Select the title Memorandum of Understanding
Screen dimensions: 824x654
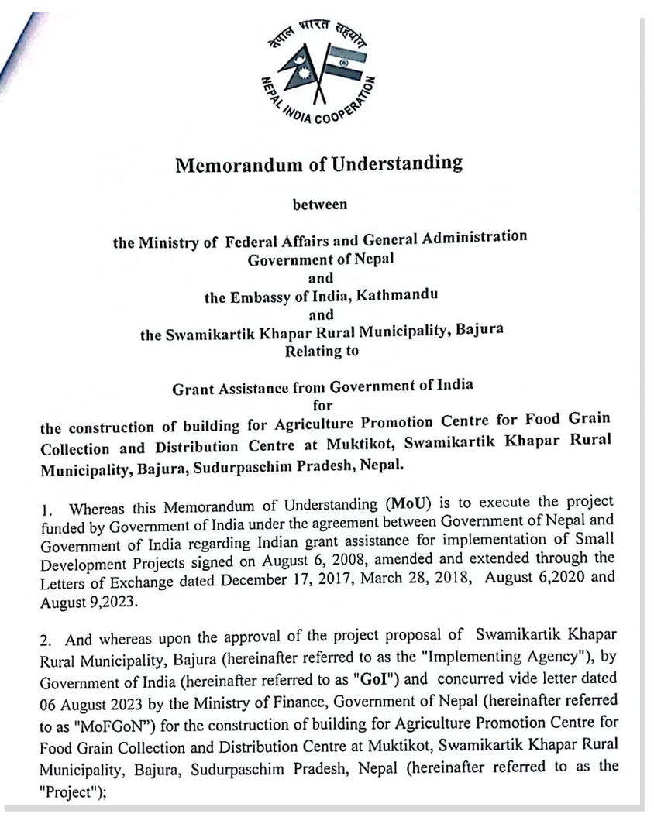318,164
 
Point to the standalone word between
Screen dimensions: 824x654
319,205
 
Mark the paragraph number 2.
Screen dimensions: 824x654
46,640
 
